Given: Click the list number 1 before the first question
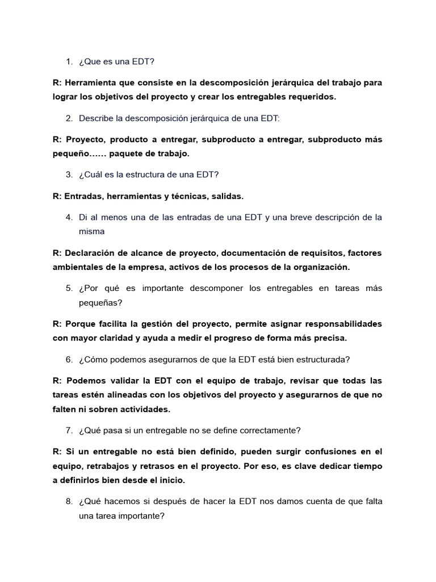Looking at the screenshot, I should (x=68, y=61).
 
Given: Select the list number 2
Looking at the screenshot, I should (x=69, y=118).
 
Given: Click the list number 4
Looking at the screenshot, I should (x=69, y=217).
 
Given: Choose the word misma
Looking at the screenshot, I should (x=91, y=231).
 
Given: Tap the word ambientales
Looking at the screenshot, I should (x=77, y=267).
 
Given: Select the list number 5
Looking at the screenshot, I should (x=69, y=288).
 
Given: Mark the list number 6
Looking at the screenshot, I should (x=69, y=359).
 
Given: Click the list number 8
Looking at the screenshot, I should (x=69, y=501).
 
